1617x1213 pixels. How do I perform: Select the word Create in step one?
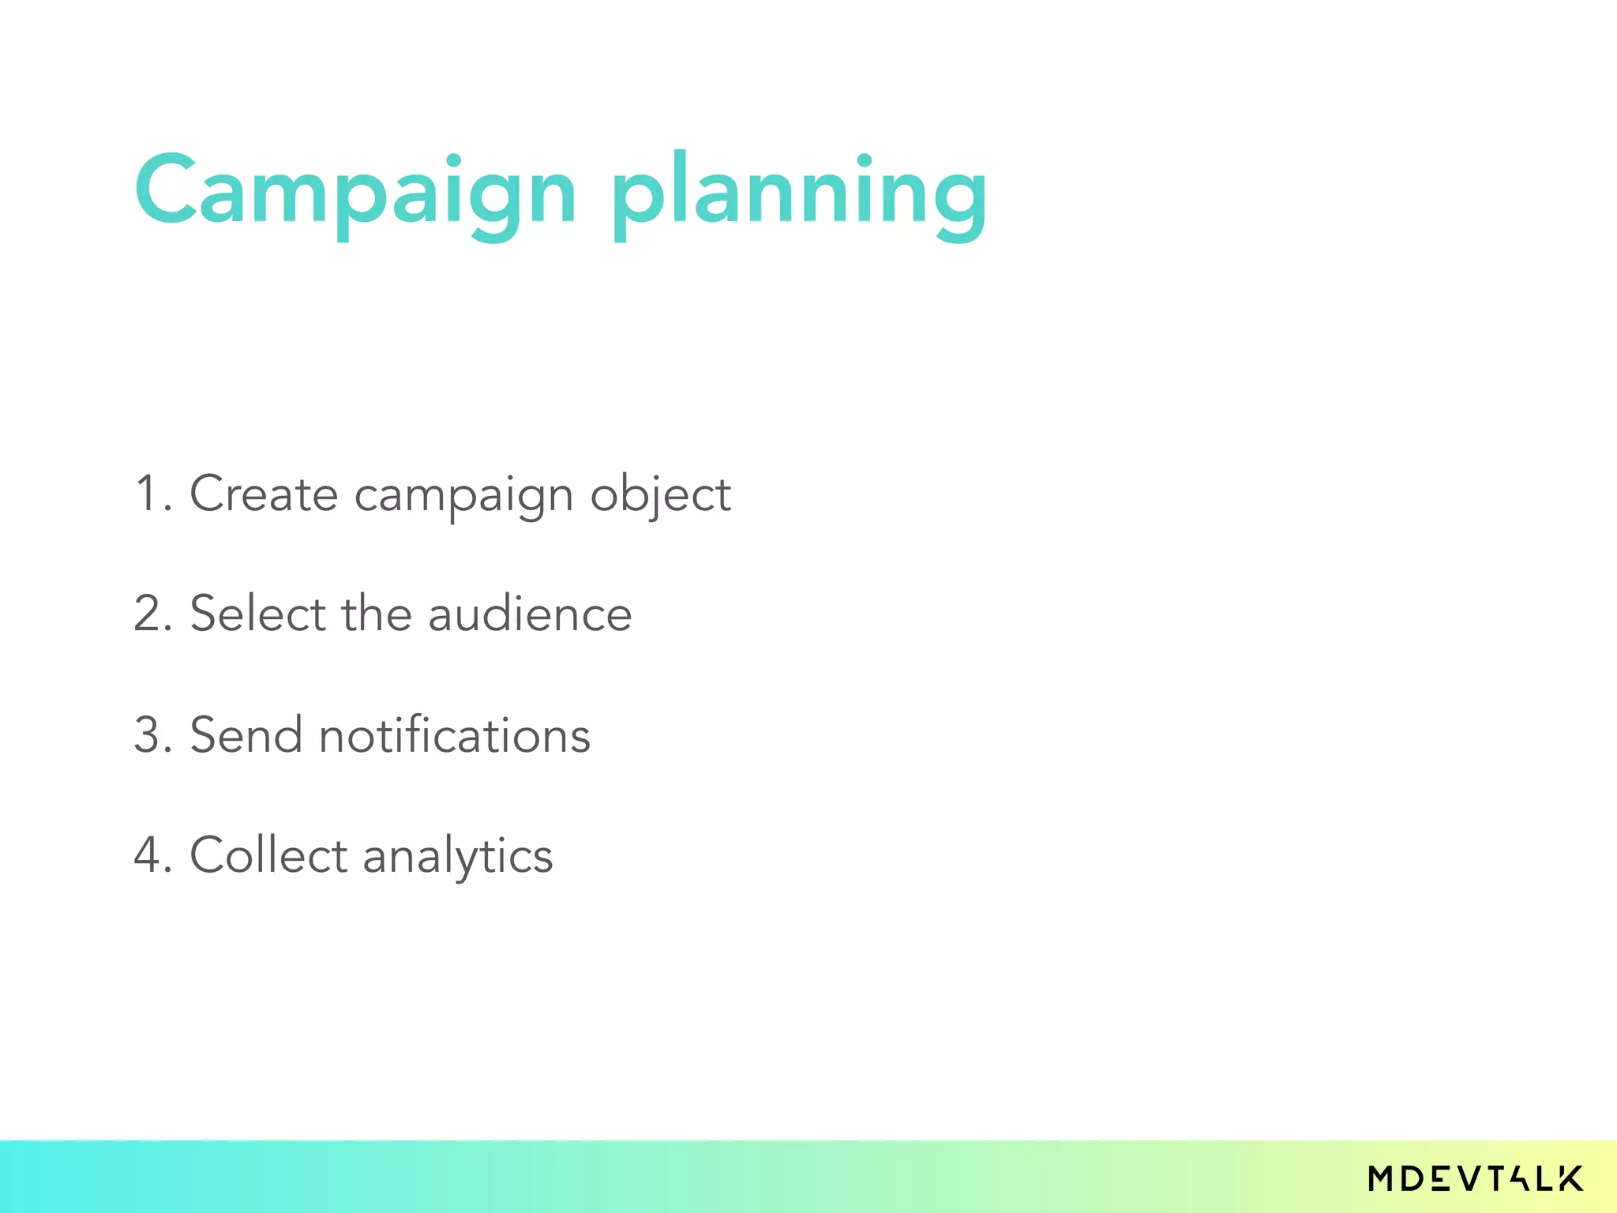264,494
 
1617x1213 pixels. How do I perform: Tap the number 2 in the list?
150,614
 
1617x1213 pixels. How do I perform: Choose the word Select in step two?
257,614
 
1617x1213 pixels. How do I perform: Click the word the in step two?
376,614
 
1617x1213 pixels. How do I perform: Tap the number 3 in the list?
150,735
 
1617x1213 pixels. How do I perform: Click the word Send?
246,735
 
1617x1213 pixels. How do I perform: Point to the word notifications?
454,735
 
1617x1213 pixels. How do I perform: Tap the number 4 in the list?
150,855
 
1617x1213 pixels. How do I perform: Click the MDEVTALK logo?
1476,1178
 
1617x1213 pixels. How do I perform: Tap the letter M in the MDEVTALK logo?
1383,1178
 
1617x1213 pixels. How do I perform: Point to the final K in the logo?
1570,1178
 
